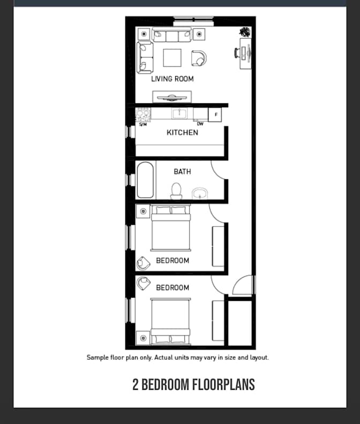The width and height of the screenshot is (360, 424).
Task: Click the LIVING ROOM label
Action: pos(172,79)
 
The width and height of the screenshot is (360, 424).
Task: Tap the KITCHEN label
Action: pos(182,133)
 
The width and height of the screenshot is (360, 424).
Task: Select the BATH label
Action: pos(182,172)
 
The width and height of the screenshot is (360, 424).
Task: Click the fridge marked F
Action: pos(215,115)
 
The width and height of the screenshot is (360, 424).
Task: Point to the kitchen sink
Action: pos(179,113)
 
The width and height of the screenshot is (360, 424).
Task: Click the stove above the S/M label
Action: pos(143,115)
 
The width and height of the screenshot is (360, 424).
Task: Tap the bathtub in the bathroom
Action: pos(145,180)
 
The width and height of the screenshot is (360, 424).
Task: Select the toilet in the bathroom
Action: pos(176,191)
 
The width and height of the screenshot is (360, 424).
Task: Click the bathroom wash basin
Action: pos(200,194)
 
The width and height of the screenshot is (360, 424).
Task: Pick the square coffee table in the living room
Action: pos(172,58)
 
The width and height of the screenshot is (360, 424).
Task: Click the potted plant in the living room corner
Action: pos(245,32)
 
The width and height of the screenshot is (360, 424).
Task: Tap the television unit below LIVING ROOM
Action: pos(172,97)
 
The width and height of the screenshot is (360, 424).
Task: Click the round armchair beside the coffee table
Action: pos(199,58)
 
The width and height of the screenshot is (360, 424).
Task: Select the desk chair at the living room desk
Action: pos(237,52)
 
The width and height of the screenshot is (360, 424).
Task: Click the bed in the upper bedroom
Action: pos(171,228)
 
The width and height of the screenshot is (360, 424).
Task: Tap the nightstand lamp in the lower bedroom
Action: pos(143,338)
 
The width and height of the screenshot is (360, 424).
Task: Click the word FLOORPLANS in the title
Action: pos(223,384)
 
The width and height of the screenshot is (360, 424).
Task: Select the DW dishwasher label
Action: pos(200,124)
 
